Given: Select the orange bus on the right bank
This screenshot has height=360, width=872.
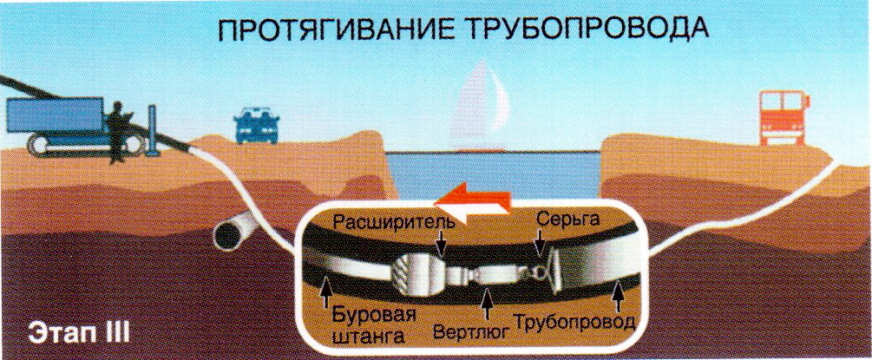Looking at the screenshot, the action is coord(780,117).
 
